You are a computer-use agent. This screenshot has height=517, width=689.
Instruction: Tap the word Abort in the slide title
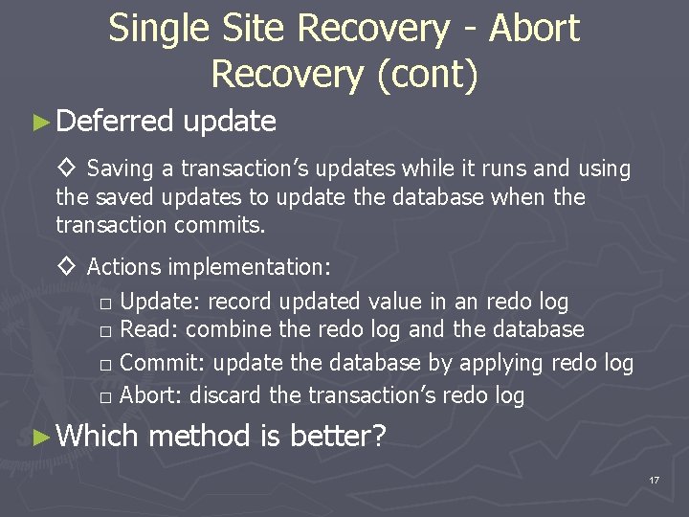tap(534, 30)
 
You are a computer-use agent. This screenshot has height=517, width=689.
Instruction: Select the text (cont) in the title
tap(428, 75)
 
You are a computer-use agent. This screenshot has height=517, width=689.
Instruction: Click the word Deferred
tap(115, 122)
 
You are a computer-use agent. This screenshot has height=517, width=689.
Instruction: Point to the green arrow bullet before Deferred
tap(39, 123)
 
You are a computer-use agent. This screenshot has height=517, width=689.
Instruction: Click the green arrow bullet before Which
tap(39, 438)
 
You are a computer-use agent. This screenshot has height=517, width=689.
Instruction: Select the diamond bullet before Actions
tap(67, 266)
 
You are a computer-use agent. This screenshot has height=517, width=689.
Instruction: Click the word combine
tap(223, 330)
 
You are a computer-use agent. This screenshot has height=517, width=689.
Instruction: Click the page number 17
tap(654, 480)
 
